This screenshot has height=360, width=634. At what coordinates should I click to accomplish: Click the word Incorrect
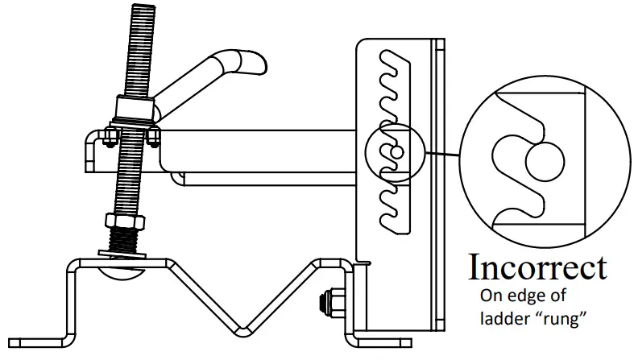537,267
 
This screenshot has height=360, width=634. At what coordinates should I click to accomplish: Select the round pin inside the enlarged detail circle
544,161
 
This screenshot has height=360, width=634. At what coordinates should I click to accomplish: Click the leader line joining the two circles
442,153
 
